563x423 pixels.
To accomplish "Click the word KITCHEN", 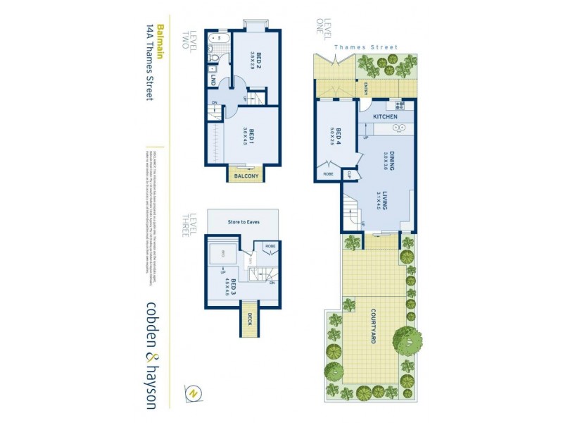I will pos(385,116).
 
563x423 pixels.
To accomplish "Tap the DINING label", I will pos(387,161).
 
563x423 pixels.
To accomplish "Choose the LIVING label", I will pos(386,201).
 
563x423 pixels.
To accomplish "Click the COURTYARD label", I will pos(374,329).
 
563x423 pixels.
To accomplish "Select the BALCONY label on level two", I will pos(243,176).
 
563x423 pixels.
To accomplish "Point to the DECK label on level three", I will pos(248,317).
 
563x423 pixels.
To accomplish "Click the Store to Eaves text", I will pos(243,222).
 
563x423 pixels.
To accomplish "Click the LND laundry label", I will pos(213,80).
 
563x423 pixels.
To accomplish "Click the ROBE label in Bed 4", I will pos(328,173).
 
